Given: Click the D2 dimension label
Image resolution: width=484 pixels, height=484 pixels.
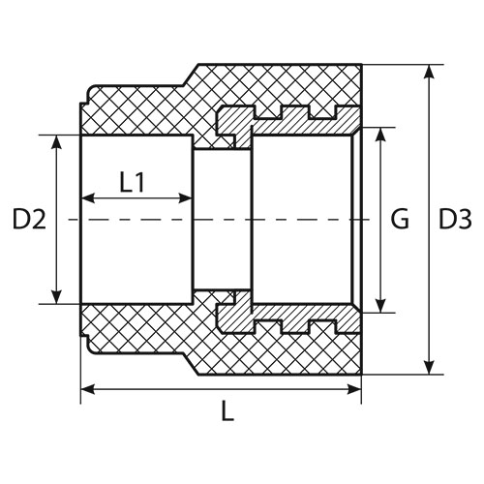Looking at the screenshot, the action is [x=29, y=219].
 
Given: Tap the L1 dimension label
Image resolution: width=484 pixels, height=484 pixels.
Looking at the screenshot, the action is [x=133, y=182].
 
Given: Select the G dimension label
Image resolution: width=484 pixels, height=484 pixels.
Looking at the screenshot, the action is [x=400, y=219].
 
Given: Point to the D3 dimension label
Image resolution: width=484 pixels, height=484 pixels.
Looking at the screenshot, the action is [x=455, y=219].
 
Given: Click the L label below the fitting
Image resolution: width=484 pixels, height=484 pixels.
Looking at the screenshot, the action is [x=227, y=411].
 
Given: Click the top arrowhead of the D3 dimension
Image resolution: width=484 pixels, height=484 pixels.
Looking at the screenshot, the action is [x=429, y=72].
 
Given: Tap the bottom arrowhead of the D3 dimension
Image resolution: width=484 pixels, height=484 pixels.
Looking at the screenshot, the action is [x=429, y=368].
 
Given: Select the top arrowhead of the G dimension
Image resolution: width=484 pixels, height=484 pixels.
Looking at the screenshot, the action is [x=381, y=135].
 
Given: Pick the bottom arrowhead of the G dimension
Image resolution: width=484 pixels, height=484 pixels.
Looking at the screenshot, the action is [x=381, y=306].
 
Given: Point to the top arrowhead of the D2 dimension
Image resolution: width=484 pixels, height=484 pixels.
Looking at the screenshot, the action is [x=57, y=142].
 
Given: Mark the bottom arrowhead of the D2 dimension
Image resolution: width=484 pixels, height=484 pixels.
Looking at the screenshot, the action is [x=57, y=297].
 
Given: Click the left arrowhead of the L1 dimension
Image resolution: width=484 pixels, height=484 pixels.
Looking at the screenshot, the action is [x=88, y=198].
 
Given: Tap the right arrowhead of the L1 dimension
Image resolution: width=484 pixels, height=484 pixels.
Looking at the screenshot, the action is [x=185, y=198].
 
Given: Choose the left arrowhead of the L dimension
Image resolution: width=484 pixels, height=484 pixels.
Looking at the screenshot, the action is [x=88, y=389].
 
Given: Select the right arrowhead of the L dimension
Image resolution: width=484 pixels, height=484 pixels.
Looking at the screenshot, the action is [x=354, y=389].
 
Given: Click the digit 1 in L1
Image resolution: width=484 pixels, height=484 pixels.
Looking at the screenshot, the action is [x=139, y=182].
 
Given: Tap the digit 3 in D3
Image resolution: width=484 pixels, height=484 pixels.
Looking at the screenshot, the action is [x=465, y=220].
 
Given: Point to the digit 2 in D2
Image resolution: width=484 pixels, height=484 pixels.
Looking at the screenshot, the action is [x=39, y=219].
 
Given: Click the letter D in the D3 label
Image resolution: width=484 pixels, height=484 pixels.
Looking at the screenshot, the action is [x=447, y=219].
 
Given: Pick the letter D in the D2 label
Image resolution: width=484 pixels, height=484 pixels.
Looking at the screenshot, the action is [x=21, y=219].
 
